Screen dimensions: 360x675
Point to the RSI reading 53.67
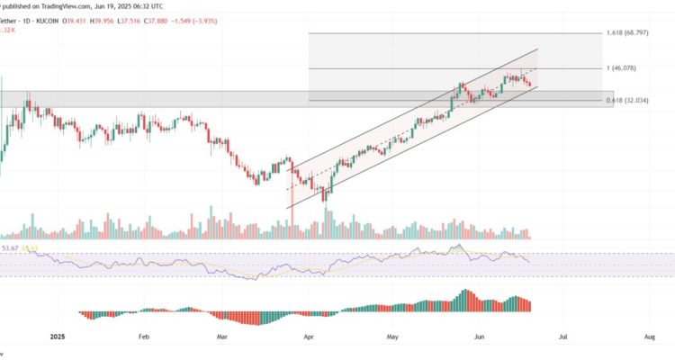[x=11, y=247]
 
